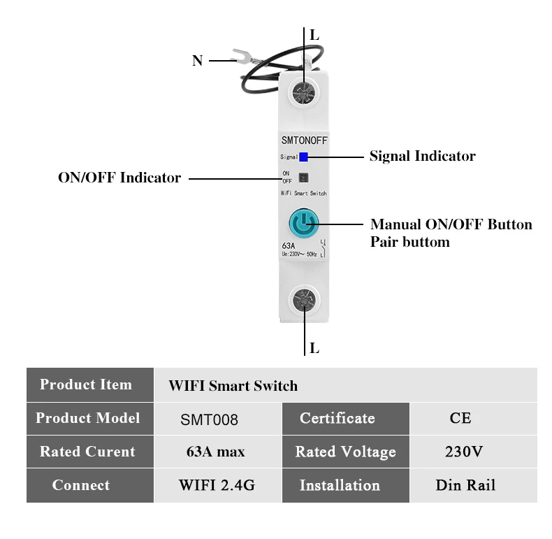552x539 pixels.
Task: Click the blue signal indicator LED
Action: (x=303, y=157)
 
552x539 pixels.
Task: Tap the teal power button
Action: (x=304, y=224)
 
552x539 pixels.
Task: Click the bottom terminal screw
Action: (x=304, y=301)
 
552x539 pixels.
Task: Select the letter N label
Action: (x=197, y=61)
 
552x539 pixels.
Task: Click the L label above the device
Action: (x=314, y=34)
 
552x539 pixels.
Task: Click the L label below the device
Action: (x=314, y=347)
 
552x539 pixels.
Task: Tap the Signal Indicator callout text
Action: (x=422, y=156)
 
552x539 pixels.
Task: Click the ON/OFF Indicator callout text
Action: (x=119, y=178)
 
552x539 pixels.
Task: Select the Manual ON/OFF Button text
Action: (x=451, y=224)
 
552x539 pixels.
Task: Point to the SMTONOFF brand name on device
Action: (x=304, y=141)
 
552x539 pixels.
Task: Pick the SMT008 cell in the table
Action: (x=209, y=419)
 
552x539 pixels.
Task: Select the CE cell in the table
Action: (x=460, y=418)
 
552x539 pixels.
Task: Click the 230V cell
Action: (x=463, y=452)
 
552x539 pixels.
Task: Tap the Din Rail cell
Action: (x=465, y=485)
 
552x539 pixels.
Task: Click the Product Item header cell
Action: (x=86, y=385)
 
